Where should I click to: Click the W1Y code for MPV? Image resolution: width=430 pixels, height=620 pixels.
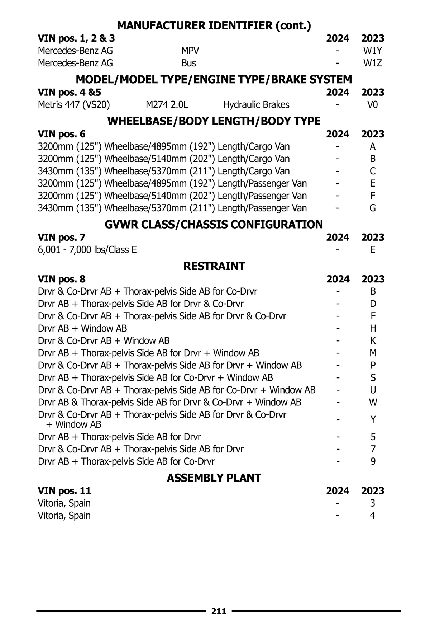point(373,51)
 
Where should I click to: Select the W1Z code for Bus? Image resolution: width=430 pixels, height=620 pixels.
point(373,63)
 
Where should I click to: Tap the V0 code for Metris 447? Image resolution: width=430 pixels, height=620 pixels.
point(373,105)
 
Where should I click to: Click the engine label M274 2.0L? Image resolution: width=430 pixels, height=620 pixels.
point(167,105)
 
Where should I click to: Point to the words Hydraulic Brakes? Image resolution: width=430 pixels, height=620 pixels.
point(256,105)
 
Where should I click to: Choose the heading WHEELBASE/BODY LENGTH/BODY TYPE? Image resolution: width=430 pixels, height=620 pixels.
point(214,121)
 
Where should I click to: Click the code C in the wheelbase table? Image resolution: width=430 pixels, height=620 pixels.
point(373,171)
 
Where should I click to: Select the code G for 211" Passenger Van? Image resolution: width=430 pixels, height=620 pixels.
point(373,208)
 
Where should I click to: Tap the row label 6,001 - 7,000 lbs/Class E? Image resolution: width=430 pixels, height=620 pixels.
point(87,250)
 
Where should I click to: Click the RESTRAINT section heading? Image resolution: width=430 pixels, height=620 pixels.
point(214,266)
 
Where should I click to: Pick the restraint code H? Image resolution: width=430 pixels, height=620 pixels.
point(373,328)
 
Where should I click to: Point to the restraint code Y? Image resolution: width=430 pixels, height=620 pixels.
point(373,419)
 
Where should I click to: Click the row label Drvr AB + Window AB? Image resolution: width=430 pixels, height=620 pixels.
point(82,328)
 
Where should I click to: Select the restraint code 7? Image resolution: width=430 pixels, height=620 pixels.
point(373,449)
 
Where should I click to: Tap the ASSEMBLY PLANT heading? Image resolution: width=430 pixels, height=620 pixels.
point(214,478)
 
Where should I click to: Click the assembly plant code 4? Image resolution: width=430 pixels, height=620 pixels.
point(373,516)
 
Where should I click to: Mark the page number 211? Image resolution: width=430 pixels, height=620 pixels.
point(219,611)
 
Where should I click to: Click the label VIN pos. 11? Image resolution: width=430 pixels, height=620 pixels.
point(64,490)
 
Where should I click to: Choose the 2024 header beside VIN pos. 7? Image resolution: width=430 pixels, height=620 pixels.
point(338,237)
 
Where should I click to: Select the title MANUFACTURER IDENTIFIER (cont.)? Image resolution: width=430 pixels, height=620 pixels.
point(214,25)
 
